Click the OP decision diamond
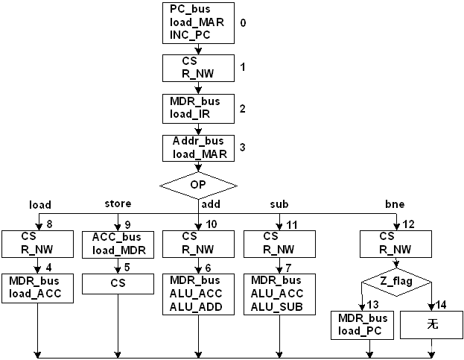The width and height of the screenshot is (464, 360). click(x=198, y=184)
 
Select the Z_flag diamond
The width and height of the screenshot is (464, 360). click(x=396, y=282)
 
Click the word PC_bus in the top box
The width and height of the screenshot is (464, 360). click(x=191, y=10)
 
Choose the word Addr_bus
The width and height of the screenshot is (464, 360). click(x=198, y=142)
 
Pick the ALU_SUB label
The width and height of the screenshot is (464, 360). click(x=277, y=306)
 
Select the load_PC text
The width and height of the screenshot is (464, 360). click(x=363, y=330)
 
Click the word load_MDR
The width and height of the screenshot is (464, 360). click(x=118, y=250)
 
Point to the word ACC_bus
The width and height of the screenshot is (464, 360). click(x=117, y=238)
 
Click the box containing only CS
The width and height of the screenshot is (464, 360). click(x=118, y=283)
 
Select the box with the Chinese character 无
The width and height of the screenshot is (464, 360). click(x=433, y=324)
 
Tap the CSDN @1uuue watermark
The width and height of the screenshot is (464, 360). click(x=430, y=348)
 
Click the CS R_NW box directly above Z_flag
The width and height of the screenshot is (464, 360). click(x=395, y=243)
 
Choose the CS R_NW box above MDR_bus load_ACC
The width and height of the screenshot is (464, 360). click(x=36, y=243)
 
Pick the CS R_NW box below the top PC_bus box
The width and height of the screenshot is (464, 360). click(x=199, y=68)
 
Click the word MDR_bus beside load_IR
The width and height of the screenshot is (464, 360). click(x=194, y=101)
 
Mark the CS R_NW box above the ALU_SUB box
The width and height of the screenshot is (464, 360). click(x=279, y=243)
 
